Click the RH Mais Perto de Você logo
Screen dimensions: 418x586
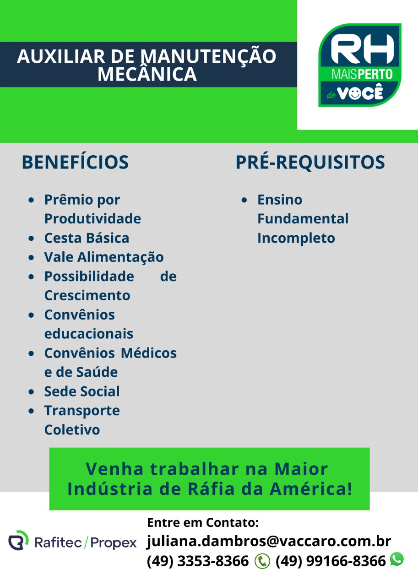(360, 65)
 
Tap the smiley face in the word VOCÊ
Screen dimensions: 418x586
(355, 93)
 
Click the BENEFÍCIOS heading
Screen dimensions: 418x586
(75, 162)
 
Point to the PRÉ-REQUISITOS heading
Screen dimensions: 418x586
(310, 162)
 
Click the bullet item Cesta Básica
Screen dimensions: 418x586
(87, 238)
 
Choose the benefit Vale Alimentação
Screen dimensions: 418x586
(104, 257)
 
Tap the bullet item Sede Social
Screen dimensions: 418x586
(82, 391)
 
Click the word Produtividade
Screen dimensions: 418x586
(92, 219)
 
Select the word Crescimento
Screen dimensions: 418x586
(87, 296)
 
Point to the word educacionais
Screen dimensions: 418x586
(89, 334)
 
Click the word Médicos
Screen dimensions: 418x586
(149, 353)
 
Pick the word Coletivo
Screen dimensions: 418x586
(72, 430)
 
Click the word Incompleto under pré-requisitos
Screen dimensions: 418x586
(296, 239)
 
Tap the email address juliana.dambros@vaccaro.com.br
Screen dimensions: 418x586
(269, 541)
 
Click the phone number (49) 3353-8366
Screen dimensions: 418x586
(197, 561)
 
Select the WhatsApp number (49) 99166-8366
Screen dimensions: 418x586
(331, 561)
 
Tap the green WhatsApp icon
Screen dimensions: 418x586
(397, 559)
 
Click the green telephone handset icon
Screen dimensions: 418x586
(262, 561)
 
